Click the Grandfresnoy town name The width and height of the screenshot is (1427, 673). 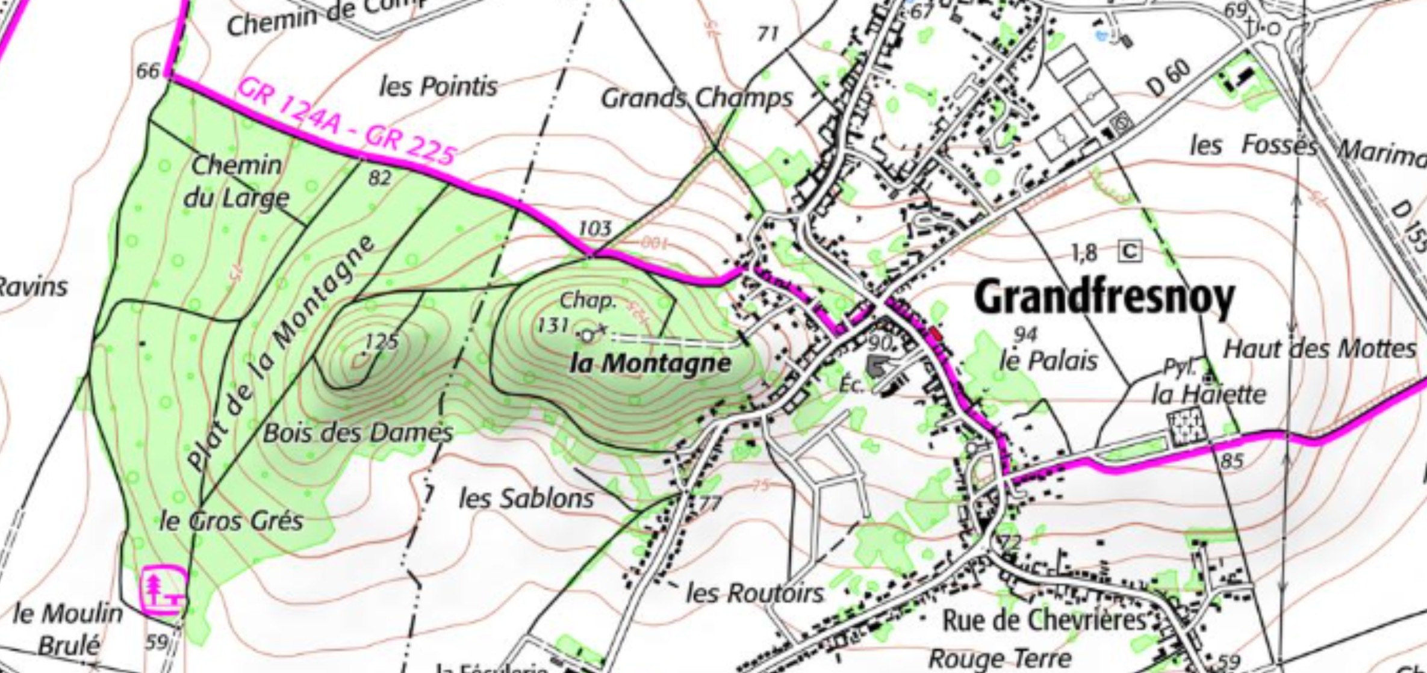pos(1104,297)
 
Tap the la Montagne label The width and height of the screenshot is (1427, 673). pos(650,363)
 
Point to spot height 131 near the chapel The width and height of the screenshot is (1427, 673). pos(553,326)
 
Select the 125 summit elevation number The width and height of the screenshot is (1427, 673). pos(382,341)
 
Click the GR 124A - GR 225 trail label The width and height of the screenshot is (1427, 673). pos(346,122)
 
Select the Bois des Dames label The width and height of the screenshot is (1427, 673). pos(358,432)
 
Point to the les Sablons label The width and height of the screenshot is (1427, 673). pos(526,498)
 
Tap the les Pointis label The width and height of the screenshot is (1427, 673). pos(438,86)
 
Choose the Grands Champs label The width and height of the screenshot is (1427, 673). pos(697,98)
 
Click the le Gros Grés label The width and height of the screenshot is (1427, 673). pos(231,521)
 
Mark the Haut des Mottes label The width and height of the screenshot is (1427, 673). pos(1319,349)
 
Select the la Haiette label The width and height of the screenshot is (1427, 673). pos(1208,395)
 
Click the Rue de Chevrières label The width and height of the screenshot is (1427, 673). pos(1043,621)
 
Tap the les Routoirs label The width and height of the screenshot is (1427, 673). pos(754,594)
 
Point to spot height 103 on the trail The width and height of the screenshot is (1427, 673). pos(594,228)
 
